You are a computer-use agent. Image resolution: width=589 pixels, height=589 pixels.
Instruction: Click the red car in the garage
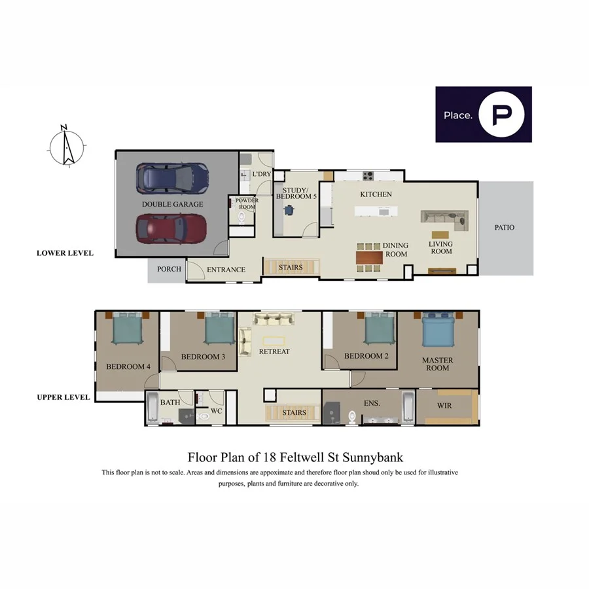tap(171, 228)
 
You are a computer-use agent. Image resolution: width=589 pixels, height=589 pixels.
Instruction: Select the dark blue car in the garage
tap(172, 177)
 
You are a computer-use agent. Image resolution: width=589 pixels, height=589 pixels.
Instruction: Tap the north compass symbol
tap(66, 146)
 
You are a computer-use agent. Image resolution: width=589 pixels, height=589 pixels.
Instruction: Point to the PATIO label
tap(504, 228)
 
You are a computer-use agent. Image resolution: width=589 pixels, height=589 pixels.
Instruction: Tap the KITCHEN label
tap(376, 194)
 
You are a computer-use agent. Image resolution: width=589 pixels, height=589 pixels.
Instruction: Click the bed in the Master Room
tap(438, 331)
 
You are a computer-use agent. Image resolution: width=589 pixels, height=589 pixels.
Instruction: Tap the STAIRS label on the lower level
tap(291, 268)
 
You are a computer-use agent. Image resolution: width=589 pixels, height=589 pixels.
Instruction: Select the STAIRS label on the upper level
tap(294, 413)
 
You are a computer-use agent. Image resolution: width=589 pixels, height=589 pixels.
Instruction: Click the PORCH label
tap(168, 270)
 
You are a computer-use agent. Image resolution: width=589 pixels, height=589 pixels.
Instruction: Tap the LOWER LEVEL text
tap(65, 253)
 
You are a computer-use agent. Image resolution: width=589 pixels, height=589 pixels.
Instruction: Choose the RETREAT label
tap(274, 351)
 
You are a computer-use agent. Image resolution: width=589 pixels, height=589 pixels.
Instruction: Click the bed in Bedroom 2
tap(379, 329)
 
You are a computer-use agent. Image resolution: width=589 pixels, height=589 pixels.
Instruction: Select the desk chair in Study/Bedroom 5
tap(289, 210)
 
